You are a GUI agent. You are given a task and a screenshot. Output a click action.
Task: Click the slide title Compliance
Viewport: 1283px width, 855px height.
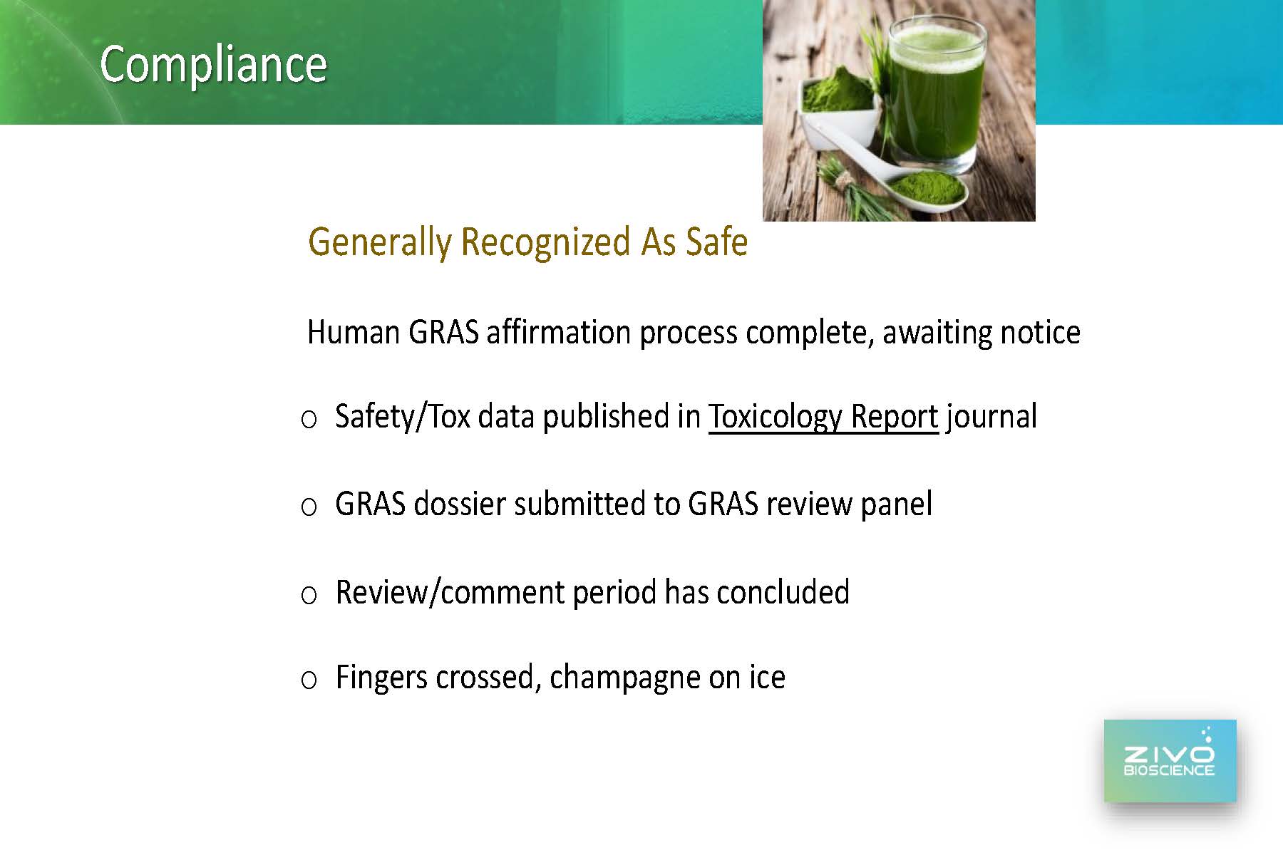[213, 64]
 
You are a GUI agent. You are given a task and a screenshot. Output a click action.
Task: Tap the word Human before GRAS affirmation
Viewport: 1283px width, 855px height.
[353, 332]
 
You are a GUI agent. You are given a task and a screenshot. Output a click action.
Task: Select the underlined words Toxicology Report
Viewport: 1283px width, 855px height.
[823, 417]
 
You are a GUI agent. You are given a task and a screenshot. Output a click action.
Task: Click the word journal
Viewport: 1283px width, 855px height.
[991, 417]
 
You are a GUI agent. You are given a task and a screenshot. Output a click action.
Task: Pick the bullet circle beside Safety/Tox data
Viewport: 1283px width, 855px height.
[309, 420]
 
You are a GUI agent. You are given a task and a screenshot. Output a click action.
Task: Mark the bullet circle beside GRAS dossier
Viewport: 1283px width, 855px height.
[309, 507]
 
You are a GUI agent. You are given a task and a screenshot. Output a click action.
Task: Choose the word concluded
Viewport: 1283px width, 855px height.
[783, 592]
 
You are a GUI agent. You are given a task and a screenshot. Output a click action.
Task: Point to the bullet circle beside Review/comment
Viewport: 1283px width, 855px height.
[309, 595]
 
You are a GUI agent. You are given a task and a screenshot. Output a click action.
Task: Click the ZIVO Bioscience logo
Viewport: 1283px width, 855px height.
[1170, 761]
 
